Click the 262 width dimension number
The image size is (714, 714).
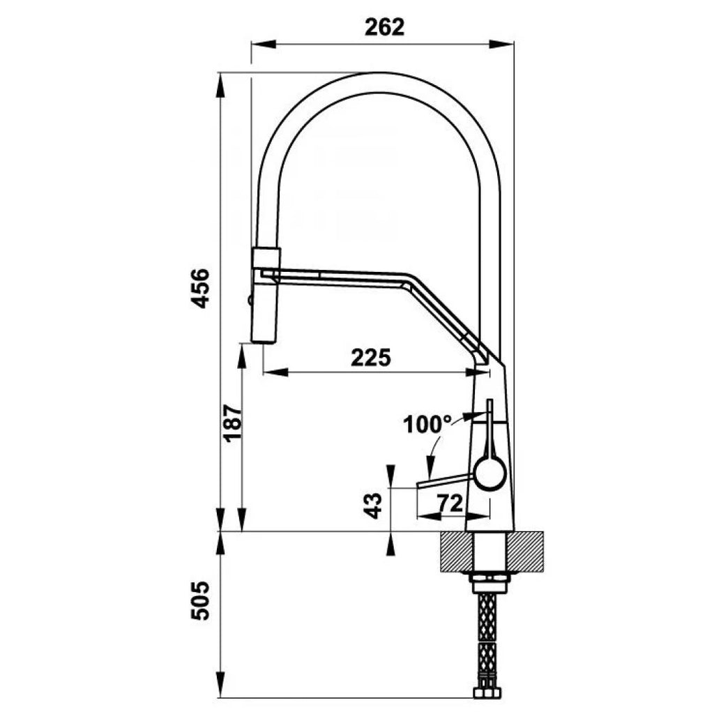pyautogui.click(x=384, y=27)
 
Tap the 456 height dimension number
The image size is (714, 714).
pyautogui.click(x=200, y=289)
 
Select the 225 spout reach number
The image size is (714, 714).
pyautogui.click(x=371, y=358)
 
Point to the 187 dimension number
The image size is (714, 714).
pyautogui.click(x=232, y=422)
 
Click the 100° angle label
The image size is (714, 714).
pyautogui.click(x=427, y=425)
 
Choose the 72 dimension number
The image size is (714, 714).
pyautogui.click(x=450, y=503)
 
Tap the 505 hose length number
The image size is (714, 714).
pyautogui.click(x=200, y=600)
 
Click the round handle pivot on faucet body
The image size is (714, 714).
pyautogui.click(x=490, y=473)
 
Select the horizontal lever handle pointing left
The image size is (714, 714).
pyautogui.click(x=446, y=481)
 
